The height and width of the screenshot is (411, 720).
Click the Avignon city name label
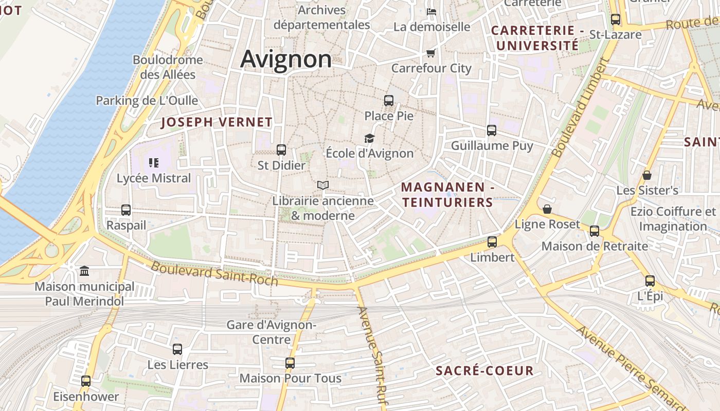point(286,59)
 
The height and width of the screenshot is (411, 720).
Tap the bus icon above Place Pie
point(389,101)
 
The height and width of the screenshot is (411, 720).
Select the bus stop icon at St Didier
point(281,150)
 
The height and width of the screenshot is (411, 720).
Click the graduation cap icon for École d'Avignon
point(369,138)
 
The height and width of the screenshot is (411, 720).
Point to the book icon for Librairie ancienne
point(323,185)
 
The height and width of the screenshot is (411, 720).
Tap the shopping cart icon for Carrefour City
point(431,53)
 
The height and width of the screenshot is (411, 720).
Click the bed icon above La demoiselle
point(431,11)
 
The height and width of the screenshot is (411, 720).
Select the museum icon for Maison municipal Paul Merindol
point(84,271)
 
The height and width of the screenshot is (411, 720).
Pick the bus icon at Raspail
point(126,210)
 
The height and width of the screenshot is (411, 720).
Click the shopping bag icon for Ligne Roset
point(547,209)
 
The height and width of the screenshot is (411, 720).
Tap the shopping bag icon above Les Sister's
point(647,175)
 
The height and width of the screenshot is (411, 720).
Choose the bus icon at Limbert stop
point(492,241)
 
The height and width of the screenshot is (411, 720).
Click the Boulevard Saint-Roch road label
point(214,274)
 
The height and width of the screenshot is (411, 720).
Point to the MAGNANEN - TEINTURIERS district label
point(447,195)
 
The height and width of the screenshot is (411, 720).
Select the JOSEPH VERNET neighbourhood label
point(217,122)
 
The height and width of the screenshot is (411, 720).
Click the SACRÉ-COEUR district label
point(484,371)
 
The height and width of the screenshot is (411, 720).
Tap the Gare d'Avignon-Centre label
point(271,332)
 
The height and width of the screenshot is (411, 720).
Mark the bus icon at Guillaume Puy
point(492,130)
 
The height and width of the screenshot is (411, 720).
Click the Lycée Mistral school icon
point(153,163)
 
